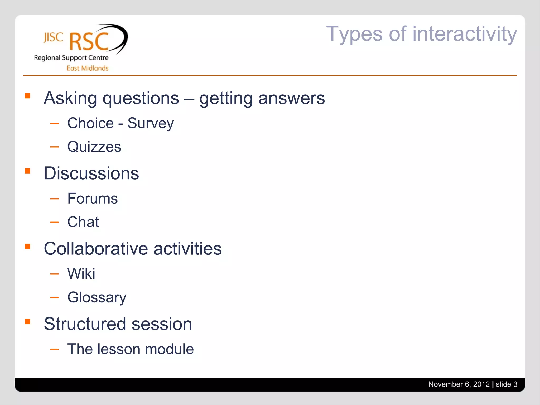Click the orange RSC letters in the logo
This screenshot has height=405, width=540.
click(89, 41)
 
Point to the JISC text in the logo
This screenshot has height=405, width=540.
click(53, 37)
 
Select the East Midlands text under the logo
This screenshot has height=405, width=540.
click(87, 68)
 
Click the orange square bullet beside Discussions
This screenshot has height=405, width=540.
click(27, 171)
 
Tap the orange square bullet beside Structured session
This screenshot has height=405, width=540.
click(27, 321)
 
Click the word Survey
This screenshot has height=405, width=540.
click(151, 123)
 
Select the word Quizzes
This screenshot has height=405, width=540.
click(94, 147)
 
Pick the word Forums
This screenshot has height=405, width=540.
click(92, 198)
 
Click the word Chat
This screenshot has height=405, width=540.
click(83, 222)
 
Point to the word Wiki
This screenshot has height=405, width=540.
click(81, 273)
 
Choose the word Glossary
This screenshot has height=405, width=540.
click(97, 297)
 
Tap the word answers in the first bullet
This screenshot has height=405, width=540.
click(291, 98)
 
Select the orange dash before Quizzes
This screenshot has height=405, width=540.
click(54, 147)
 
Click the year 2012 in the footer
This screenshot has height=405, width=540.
click(481, 384)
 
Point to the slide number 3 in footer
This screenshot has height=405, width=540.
click(515, 384)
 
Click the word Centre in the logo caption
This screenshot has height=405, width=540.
click(98, 58)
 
